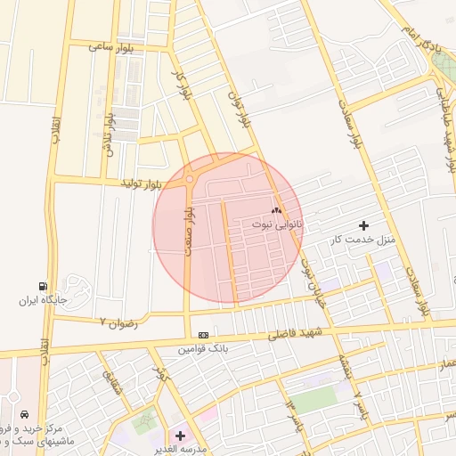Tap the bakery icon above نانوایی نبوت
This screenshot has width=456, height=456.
tap(275, 211)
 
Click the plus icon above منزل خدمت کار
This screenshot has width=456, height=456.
tap(362, 225)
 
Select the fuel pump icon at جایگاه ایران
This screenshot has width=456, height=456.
tap(41, 286)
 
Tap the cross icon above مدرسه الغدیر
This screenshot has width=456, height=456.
tap(181, 436)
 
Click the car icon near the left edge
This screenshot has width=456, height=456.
tap(24, 415)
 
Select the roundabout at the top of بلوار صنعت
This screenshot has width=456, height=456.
tap(190, 180)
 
